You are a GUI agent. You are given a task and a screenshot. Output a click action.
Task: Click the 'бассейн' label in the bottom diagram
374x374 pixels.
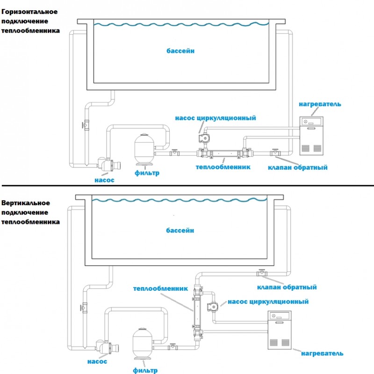(180, 230)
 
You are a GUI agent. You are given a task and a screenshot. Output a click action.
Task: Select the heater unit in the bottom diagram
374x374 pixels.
(282, 330)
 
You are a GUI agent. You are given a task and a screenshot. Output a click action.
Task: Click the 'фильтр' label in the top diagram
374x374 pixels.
(147, 173)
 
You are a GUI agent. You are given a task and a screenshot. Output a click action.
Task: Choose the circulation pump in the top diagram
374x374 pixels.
(204, 138)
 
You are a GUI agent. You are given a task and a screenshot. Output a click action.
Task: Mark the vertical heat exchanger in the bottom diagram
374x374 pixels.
(196, 309)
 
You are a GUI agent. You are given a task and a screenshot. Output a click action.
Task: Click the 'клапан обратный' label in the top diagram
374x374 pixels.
(297, 167)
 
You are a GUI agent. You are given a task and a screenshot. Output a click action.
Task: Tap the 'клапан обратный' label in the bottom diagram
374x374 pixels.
(287, 287)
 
